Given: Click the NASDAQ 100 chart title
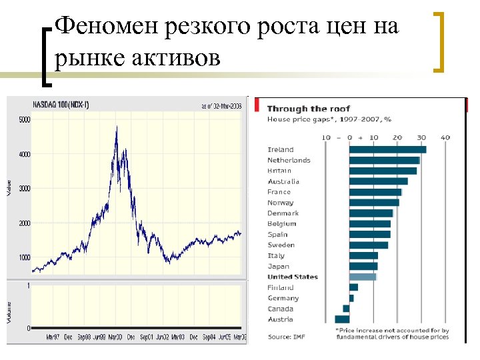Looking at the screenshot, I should point(61,105).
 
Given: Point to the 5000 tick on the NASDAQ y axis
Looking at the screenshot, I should point(25,120).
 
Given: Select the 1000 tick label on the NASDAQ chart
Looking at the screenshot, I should point(25,257).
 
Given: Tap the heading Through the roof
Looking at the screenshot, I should point(309,109).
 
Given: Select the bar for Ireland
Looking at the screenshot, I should point(387,149).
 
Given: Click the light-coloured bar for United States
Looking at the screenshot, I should point(363,277).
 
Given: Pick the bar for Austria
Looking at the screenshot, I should point(342,319).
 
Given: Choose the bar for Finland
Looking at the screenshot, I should point(353,287).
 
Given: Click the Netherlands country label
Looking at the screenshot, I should point(289,160).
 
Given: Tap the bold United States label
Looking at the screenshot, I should point(293,277).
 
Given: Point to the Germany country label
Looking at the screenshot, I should point(283,298).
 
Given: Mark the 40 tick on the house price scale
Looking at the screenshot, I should point(445,137).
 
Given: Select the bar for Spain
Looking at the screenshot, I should point(370,235).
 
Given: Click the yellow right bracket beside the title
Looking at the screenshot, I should point(440,41).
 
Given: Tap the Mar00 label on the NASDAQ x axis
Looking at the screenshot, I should point(115,338).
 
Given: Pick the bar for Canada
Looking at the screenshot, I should point(346,309).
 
